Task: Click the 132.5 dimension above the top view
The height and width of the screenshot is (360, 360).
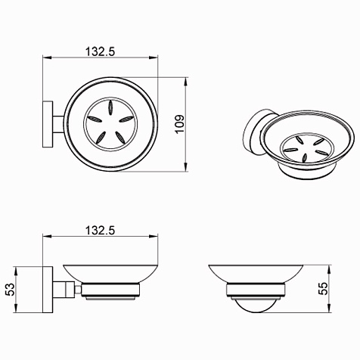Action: (100, 51)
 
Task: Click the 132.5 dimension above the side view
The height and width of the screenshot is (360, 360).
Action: (100, 230)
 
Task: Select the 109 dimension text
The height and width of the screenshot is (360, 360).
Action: (180, 125)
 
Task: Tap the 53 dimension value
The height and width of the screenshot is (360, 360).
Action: (11, 290)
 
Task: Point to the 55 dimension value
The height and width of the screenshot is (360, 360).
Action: (323, 288)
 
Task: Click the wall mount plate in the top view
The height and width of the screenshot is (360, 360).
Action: (48, 124)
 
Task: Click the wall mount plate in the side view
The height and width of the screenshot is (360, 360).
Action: (48, 290)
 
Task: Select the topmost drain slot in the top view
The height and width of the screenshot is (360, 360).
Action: (110, 107)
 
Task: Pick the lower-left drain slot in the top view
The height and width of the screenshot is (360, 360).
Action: (101, 138)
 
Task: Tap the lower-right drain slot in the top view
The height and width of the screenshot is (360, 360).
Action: (120, 138)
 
